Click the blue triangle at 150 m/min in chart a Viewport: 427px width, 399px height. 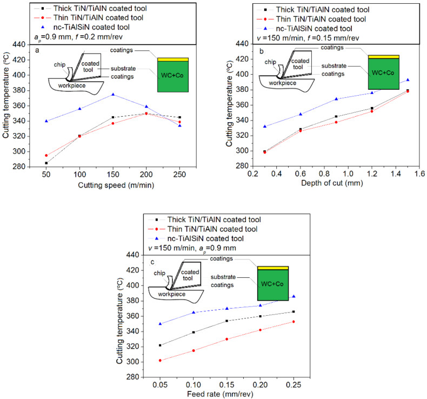pos(113,95)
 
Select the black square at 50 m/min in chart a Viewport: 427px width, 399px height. pos(46,163)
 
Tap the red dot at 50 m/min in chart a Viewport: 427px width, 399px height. pos(46,155)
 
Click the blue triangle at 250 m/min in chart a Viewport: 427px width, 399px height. pos(179,125)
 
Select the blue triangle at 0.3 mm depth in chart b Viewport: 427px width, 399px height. pos(264,127)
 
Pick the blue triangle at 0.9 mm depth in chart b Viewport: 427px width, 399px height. pos(336,99)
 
